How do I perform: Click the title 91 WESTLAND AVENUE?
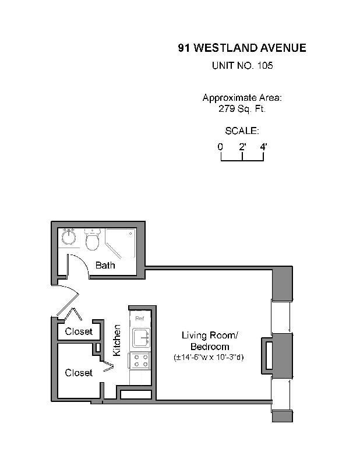242,48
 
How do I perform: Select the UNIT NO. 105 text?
242,66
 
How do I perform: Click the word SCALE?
242,131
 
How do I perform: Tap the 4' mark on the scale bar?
263,147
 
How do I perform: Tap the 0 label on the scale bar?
221,147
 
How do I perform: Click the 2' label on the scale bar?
242,147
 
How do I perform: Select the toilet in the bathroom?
92,239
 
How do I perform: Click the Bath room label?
105,265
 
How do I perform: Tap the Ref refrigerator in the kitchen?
140,318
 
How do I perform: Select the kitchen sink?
140,337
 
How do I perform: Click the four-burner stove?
140,361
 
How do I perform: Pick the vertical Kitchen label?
117,341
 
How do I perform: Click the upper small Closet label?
79,331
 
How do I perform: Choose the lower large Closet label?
79,372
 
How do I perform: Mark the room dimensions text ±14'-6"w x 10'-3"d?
209,356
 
